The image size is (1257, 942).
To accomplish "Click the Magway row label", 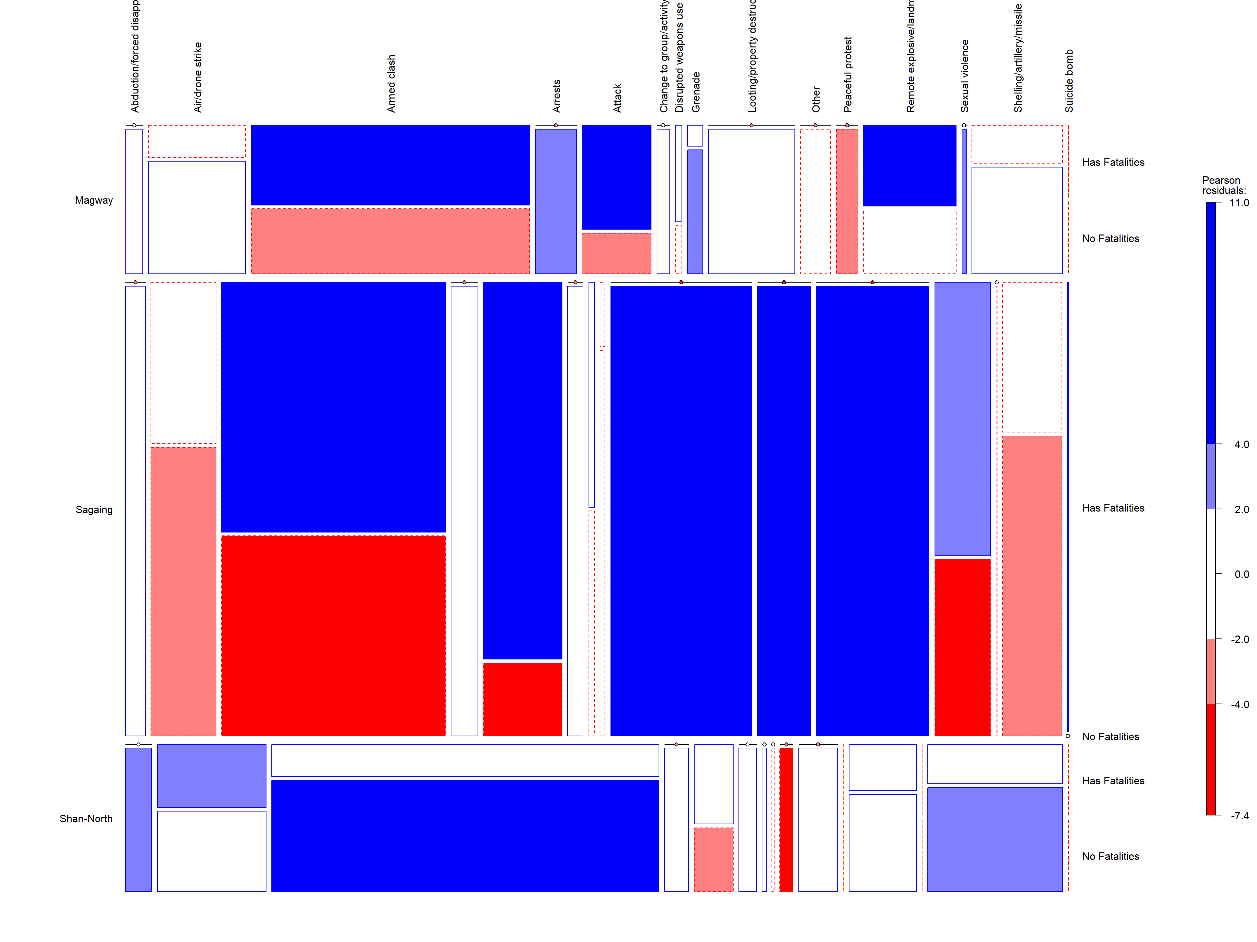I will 94,201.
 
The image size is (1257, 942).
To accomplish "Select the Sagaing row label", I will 94,510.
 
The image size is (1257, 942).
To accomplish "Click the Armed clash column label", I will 391,83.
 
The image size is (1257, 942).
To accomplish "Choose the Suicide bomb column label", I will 1069,81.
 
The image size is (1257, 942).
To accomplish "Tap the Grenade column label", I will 696,92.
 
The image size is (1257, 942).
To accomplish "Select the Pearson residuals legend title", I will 1224,185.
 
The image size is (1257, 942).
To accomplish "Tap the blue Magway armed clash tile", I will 391,165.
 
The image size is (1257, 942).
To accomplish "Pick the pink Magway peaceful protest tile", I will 847,201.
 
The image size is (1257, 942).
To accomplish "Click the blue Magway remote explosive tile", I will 909,165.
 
